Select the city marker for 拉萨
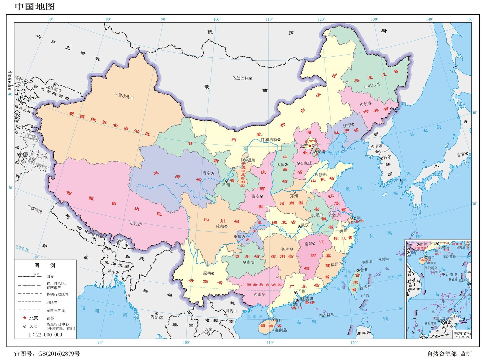(132, 223)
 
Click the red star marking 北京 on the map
(310, 146)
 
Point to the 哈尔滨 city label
(374, 85)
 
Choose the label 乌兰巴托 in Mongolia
(240, 78)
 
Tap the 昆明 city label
(207, 273)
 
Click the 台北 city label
(364, 270)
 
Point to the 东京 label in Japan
(461, 155)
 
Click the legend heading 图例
(45, 265)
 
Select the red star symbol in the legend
(24, 318)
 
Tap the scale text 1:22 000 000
(45, 335)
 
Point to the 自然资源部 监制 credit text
(449, 354)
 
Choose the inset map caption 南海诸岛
(462, 333)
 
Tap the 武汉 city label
(305, 225)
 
